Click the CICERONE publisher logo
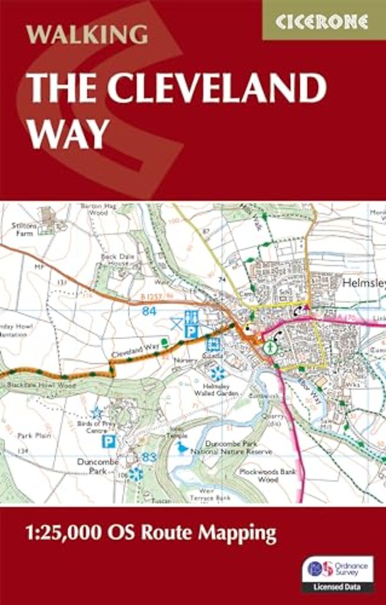pyautogui.click(x=322, y=21)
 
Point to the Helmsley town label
pyautogui.click(x=363, y=284)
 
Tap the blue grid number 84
pyautogui.click(x=149, y=311)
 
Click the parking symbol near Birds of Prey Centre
pyautogui.click(x=109, y=442)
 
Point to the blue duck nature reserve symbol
pyautogui.click(x=182, y=447)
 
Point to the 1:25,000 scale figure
pyautogui.click(x=61, y=533)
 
